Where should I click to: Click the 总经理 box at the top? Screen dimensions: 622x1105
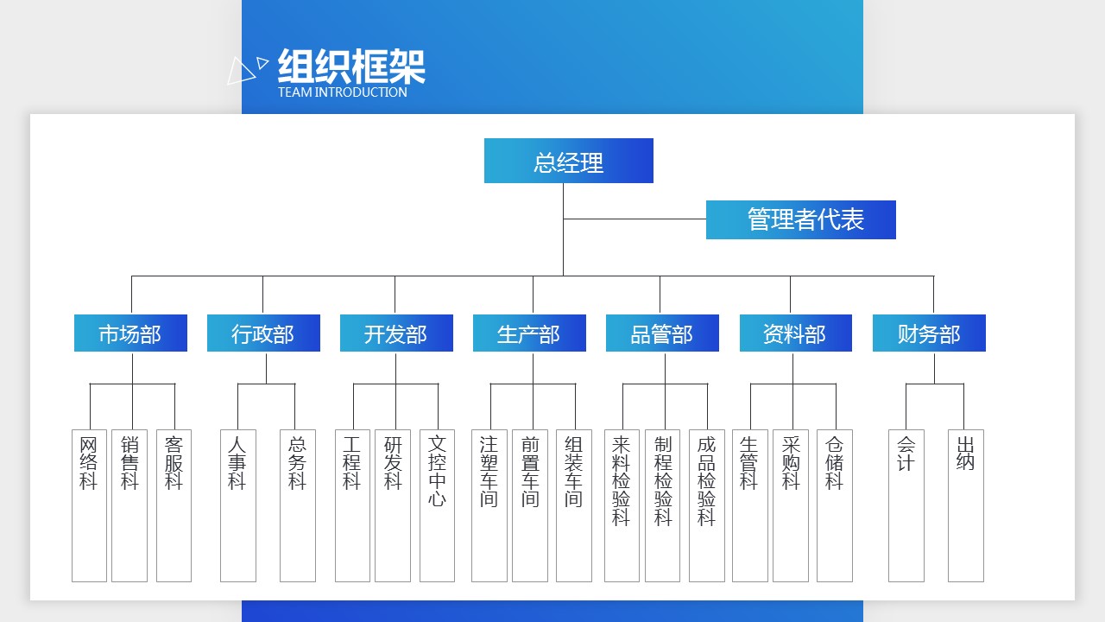pyautogui.click(x=568, y=162)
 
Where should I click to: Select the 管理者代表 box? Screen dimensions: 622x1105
pyautogui.click(x=800, y=219)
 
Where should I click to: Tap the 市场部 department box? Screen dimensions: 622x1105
pyautogui.click(x=130, y=333)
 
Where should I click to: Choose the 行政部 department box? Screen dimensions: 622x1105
pyautogui.click(x=263, y=333)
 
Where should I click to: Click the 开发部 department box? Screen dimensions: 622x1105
pyautogui.click(x=396, y=333)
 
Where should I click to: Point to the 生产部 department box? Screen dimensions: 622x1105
pyautogui.click(x=529, y=333)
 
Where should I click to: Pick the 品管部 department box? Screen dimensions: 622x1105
pyautogui.click(x=662, y=333)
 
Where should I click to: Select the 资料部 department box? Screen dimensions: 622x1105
pyautogui.click(x=795, y=333)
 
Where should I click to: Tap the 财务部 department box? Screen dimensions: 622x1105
pyautogui.click(x=929, y=333)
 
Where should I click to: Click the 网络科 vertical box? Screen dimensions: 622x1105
pyautogui.click(x=89, y=505)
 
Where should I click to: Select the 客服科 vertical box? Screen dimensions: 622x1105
pyautogui.click(x=174, y=505)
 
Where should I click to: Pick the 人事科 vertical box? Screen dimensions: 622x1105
pyautogui.click(x=237, y=505)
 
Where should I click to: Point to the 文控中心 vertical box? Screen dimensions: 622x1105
pyautogui.click(x=437, y=505)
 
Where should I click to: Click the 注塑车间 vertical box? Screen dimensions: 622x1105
pyautogui.click(x=489, y=505)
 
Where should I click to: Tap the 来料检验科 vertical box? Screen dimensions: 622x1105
pyautogui.click(x=622, y=505)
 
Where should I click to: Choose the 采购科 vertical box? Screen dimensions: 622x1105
pyautogui.click(x=791, y=505)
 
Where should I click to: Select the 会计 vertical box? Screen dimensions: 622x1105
pyautogui.click(x=906, y=505)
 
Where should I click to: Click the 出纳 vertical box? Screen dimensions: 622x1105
pyautogui.click(x=965, y=505)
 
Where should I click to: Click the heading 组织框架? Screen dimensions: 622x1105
pyautogui.click(x=351, y=66)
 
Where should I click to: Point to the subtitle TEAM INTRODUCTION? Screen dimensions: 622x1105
pyautogui.click(x=343, y=92)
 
